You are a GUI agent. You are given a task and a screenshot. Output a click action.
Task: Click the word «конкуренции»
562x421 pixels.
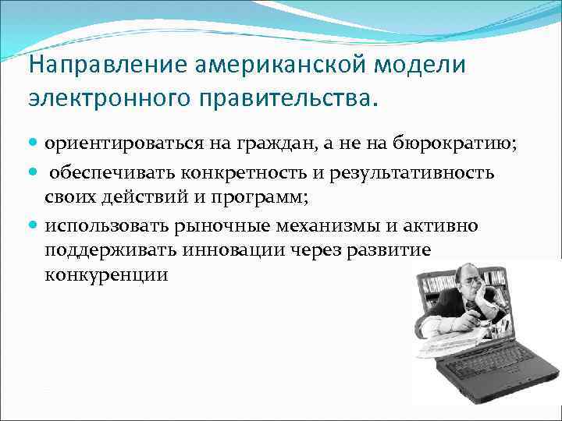(106, 276)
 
